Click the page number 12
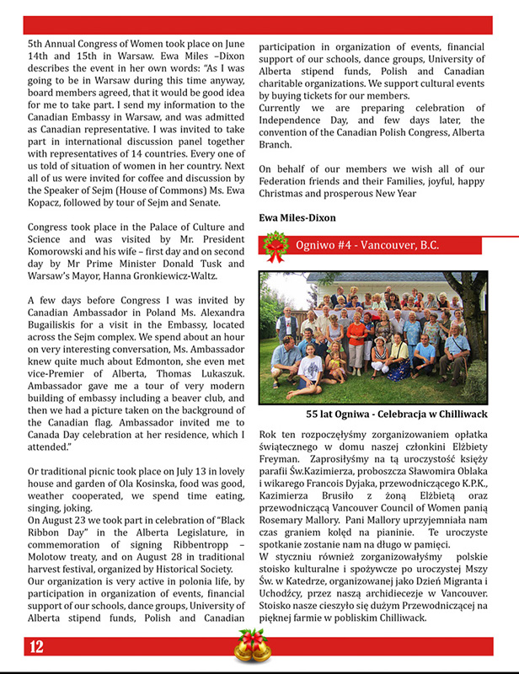tap(36, 647)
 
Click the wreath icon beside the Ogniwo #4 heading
tap(274, 246)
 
